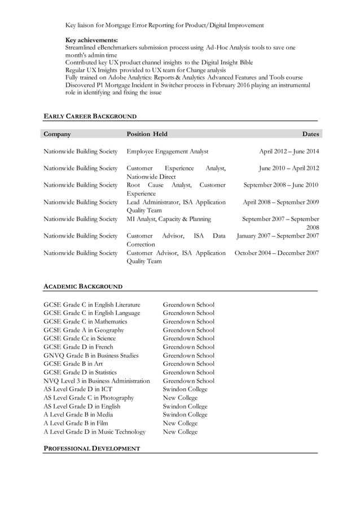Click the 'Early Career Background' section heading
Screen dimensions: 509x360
(x=90, y=116)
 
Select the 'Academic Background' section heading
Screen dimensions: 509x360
(x=83, y=287)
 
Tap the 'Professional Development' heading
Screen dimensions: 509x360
(x=92, y=449)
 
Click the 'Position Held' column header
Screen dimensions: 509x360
(x=147, y=134)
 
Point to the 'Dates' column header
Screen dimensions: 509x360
(x=310, y=134)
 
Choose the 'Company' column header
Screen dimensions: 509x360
(x=58, y=134)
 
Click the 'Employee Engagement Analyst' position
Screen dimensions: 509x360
(x=168, y=151)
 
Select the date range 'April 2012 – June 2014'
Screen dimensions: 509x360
(x=289, y=151)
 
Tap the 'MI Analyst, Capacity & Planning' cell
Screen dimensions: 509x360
(x=169, y=219)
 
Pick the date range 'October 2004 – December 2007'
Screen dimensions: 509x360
(x=276, y=253)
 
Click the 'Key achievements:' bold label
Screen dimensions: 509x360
(x=92, y=40)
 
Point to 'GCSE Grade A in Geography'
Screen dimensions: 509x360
(x=84, y=330)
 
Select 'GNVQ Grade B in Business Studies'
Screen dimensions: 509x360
(x=91, y=356)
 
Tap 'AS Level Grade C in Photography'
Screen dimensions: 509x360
(x=89, y=398)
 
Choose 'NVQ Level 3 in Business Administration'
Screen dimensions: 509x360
(x=97, y=381)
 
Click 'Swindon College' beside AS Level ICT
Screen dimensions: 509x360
(x=185, y=389)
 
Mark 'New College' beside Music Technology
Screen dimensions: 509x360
(x=180, y=432)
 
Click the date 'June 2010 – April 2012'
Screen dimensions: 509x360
(x=289, y=168)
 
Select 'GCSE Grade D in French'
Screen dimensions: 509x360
(x=78, y=347)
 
